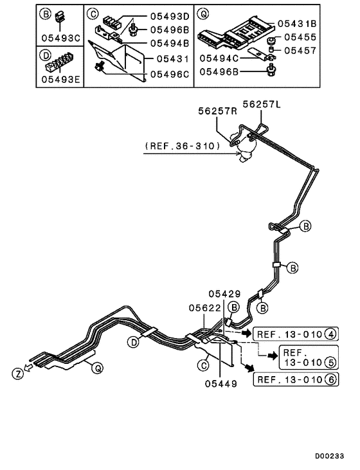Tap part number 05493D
pyautogui.click(x=170, y=16)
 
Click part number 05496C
pyautogui.click(x=170, y=74)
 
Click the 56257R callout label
pyautogui.click(x=217, y=111)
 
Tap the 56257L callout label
pyautogui.click(x=262, y=103)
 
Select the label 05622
pyautogui.click(x=205, y=307)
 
